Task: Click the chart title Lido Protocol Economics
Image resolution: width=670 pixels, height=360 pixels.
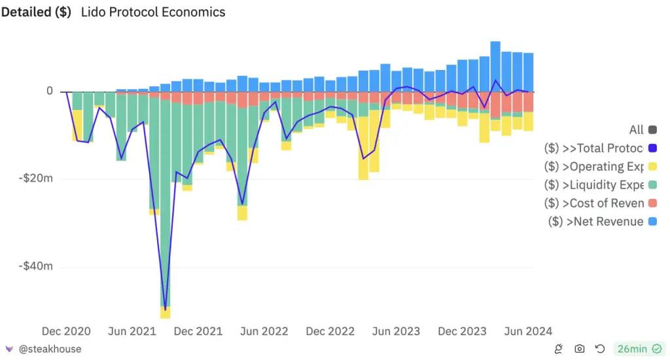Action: [153, 12]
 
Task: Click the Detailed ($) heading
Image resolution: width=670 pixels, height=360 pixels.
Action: [36, 12]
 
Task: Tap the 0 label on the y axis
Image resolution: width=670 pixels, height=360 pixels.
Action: [49, 92]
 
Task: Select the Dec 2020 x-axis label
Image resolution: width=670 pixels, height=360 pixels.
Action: [66, 331]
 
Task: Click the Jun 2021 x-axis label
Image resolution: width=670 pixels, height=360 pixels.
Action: [132, 331]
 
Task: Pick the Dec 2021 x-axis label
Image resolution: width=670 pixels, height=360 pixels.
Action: [198, 331]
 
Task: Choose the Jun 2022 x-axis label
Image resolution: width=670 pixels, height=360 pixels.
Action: [264, 331]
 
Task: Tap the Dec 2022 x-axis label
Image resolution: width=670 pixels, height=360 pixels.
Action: [330, 331]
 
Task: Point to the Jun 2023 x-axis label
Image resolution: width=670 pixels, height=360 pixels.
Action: [396, 331]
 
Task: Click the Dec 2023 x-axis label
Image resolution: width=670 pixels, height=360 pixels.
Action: [462, 331]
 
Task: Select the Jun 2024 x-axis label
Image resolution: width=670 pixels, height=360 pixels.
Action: [528, 331]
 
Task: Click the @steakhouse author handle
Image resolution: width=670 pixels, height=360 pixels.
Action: [50, 349]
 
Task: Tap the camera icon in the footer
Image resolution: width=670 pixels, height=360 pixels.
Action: [580, 349]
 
